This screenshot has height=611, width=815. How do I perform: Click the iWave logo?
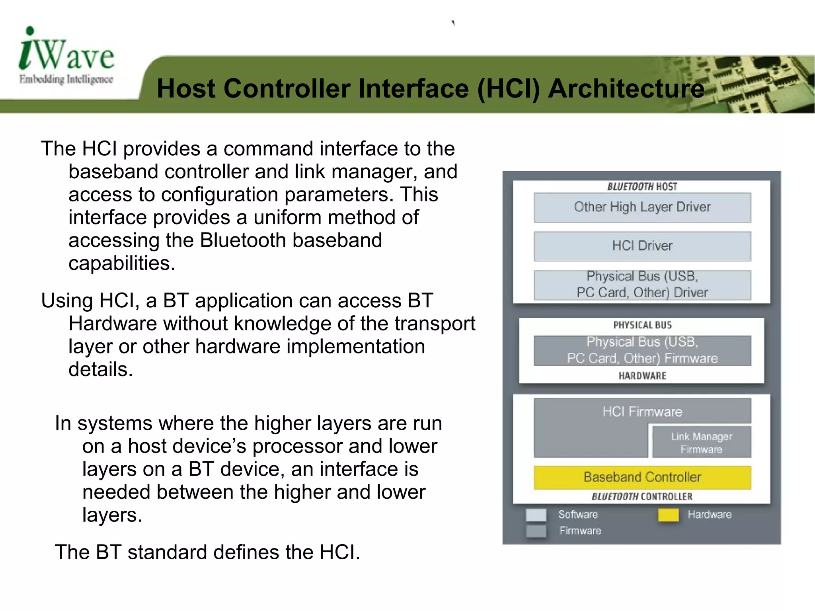(66, 56)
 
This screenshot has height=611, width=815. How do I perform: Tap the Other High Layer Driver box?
(642, 207)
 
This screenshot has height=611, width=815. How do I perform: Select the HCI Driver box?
(642, 246)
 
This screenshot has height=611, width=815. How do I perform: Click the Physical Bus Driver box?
(642, 285)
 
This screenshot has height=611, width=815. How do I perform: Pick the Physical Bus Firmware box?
(642, 350)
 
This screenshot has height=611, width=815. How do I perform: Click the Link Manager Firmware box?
(701, 443)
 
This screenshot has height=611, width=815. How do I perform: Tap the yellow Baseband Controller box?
(642, 477)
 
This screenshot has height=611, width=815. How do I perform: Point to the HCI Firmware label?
(642, 412)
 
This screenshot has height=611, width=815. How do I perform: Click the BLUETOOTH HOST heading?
(642, 187)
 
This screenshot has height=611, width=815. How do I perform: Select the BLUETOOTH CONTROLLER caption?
(642, 497)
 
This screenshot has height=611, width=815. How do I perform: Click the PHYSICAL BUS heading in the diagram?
(642, 325)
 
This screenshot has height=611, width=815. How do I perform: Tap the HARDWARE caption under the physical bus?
(642, 376)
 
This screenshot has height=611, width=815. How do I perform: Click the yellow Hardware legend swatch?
(668, 515)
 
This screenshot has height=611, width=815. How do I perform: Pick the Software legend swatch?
(536, 515)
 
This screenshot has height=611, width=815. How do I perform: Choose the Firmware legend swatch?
(536, 531)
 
